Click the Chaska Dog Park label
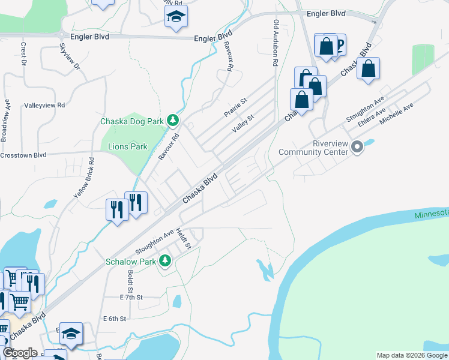131,121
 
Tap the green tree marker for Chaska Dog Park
173,121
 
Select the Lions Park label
127,146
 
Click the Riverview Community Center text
313,148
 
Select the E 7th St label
131,297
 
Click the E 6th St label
115,319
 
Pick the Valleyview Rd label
44,105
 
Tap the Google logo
19,353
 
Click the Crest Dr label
23,54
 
